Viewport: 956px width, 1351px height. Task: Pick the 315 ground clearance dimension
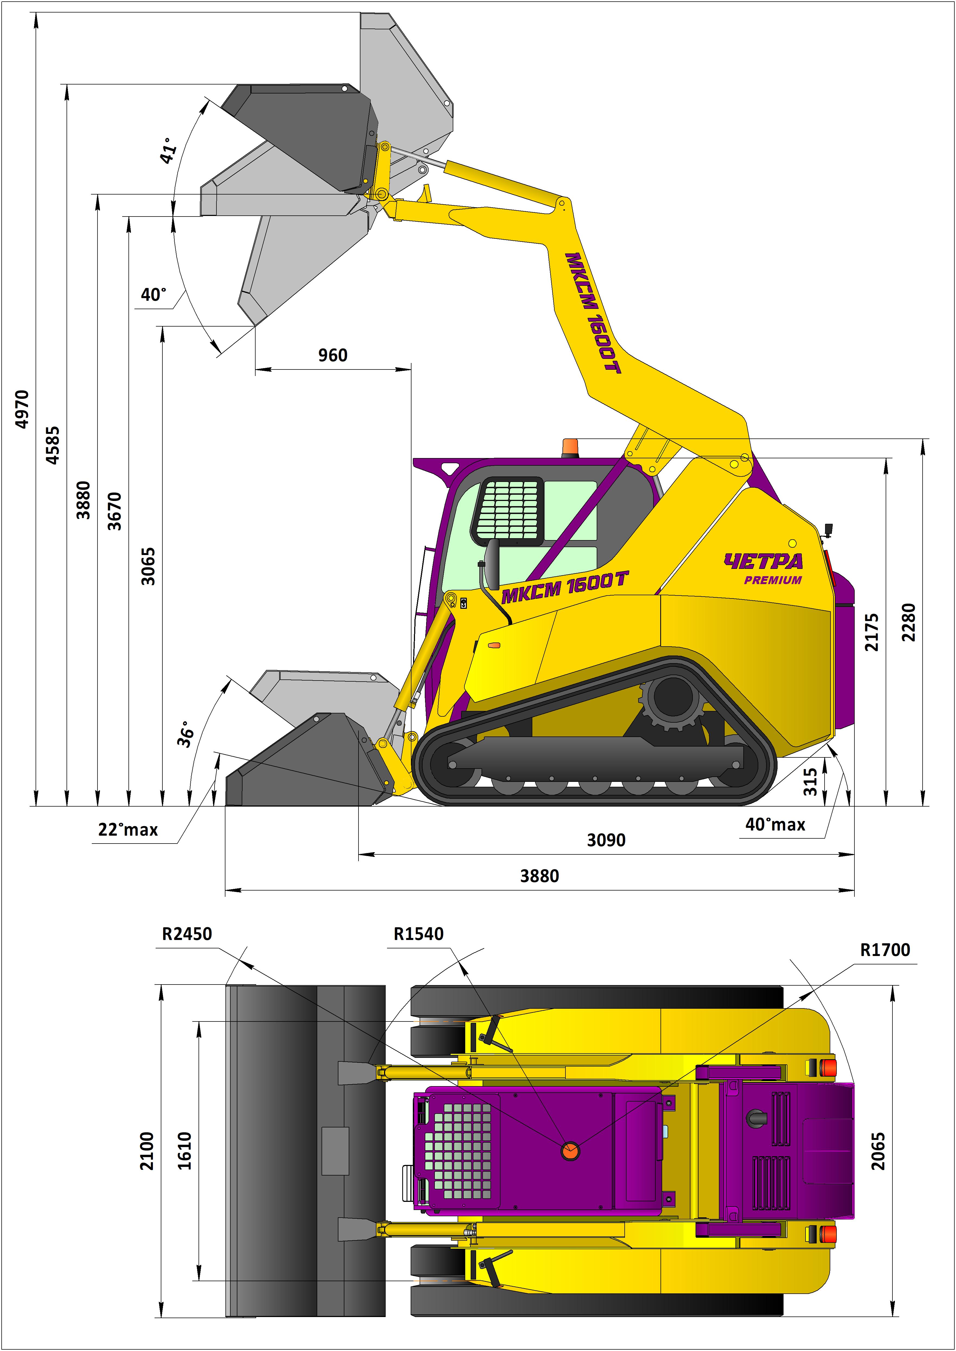coord(811,782)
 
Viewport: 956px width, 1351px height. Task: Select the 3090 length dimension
coord(606,840)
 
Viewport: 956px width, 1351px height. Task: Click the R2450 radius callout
coord(187,934)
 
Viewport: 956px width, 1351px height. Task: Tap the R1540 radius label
coord(419,934)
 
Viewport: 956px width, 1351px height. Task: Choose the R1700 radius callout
coord(885,950)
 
